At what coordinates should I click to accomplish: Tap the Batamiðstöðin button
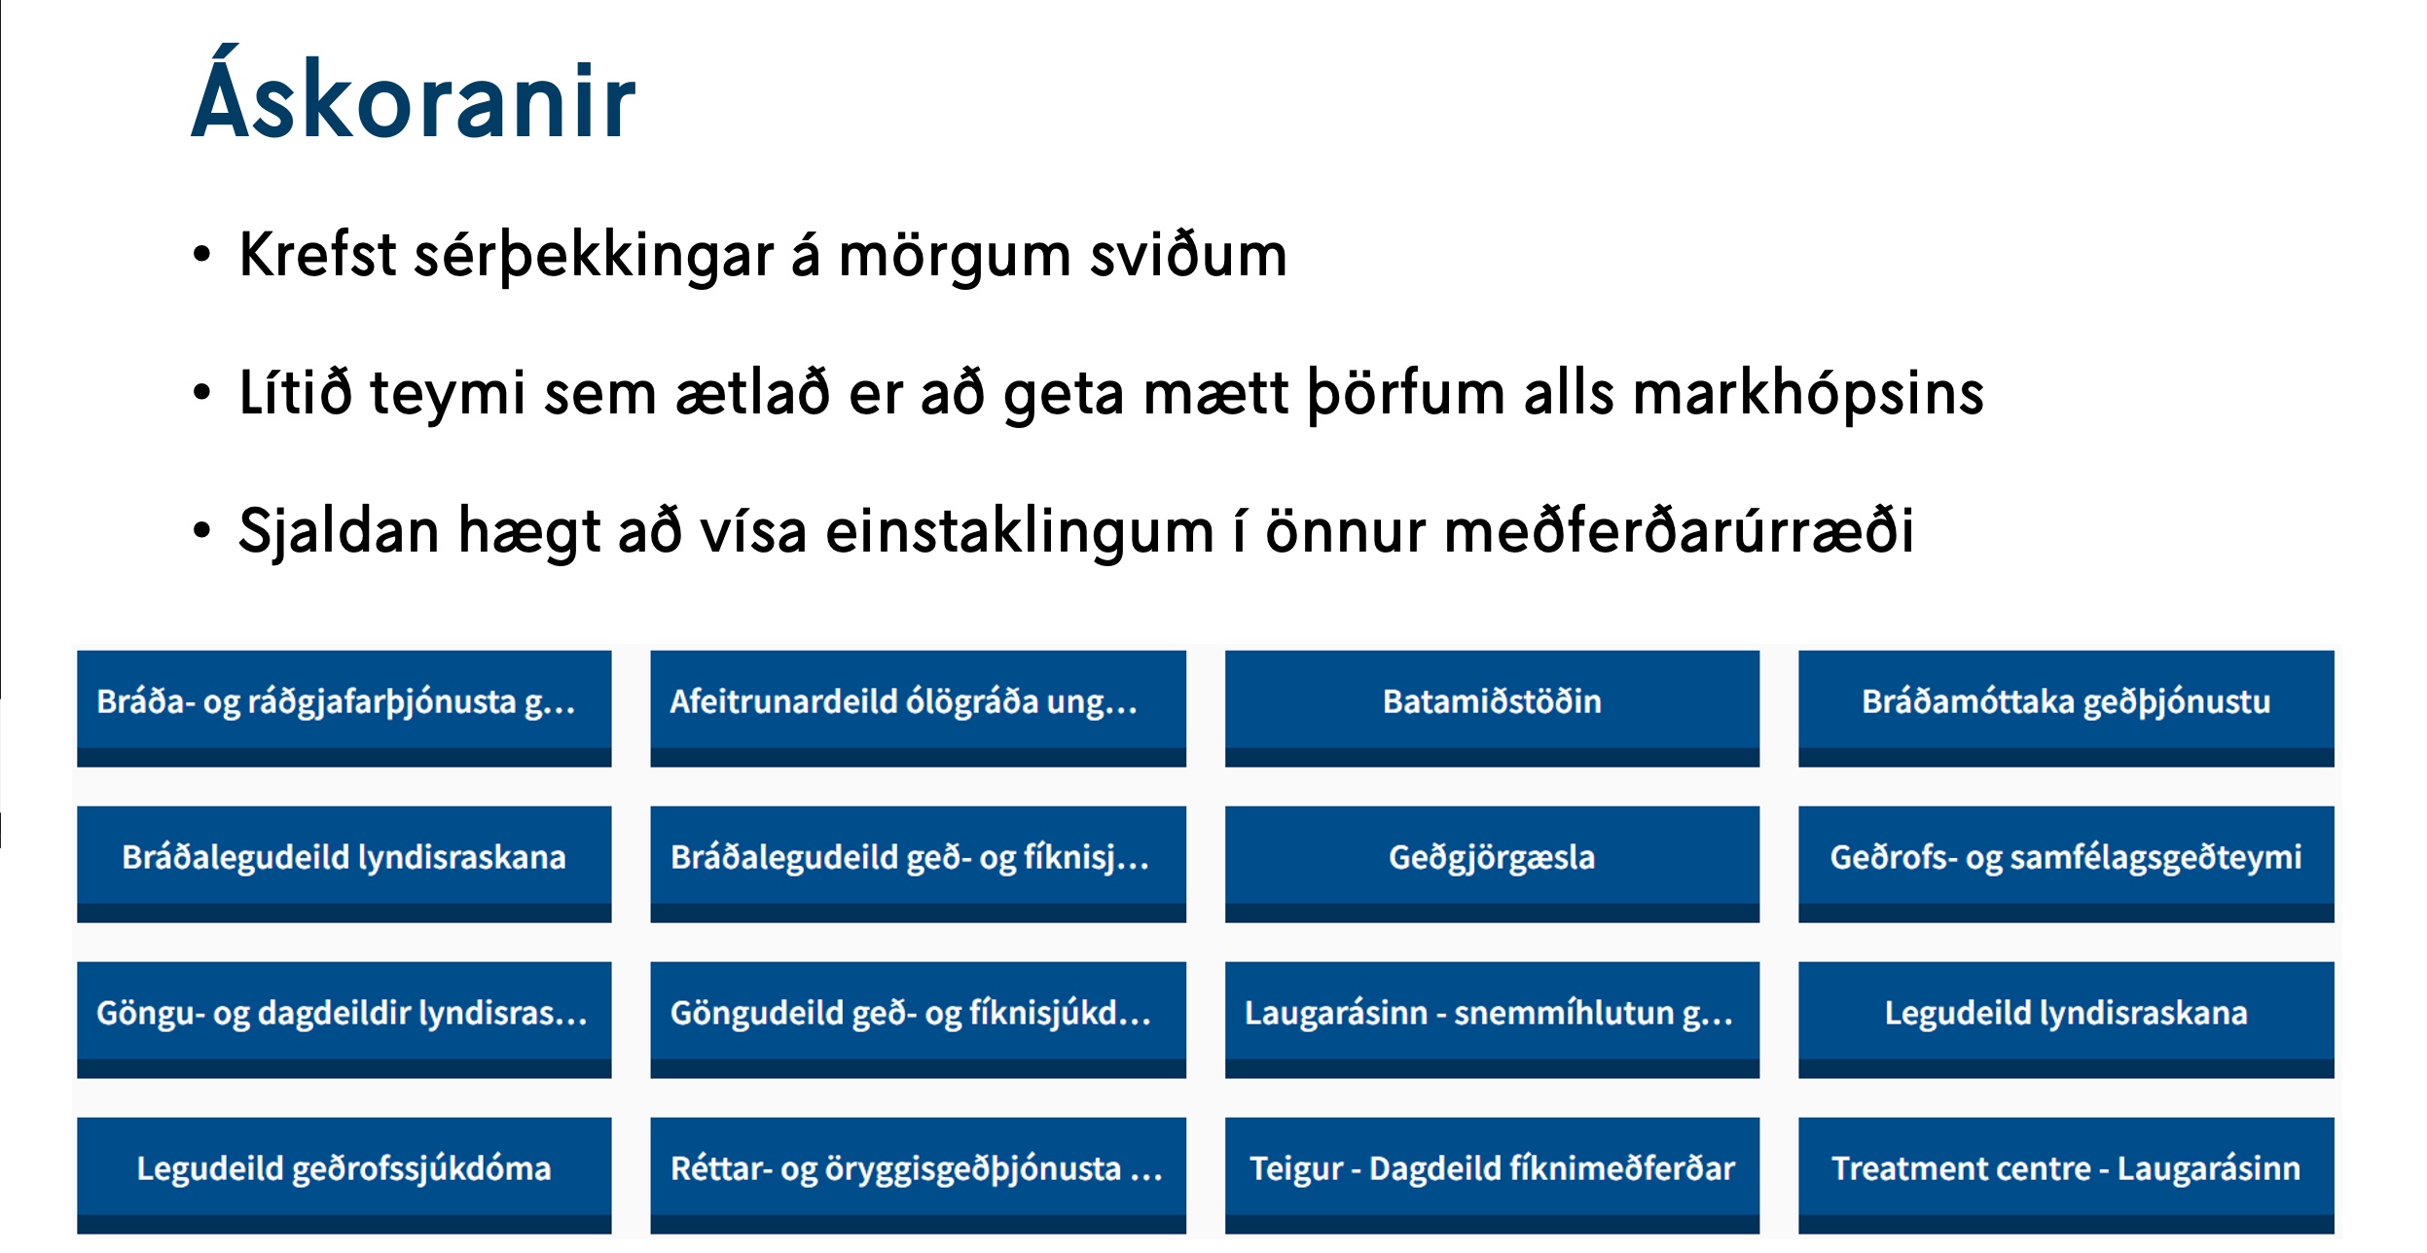pyautogui.click(x=1491, y=702)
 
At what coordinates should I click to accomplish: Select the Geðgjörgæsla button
pyautogui.click(x=1491, y=858)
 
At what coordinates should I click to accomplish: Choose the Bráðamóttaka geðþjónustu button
pyautogui.click(x=2065, y=702)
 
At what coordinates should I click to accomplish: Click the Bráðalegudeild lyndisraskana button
pyautogui.click(x=344, y=858)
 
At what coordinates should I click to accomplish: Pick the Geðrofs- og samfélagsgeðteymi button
pyautogui.click(x=2065, y=858)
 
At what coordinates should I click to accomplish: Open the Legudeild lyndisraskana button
pyautogui.click(x=2065, y=1014)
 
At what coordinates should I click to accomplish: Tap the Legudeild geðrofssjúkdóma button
pyautogui.click(x=344, y=1169)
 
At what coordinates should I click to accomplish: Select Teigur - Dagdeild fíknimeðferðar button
pyautogui.click(x=1491, y=1169)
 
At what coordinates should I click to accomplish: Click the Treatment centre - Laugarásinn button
pyautogui.click(x=2065, y=1169)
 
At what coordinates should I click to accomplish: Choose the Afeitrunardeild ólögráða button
pyautogui.click(x=917, y=702)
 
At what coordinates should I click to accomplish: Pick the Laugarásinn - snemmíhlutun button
pyautogui.click(x=1491, y=1014)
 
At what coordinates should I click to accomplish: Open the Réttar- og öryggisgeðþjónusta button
pyautogui.click(x=917, y=1169)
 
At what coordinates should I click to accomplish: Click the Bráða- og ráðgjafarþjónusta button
pyautogui.click(x=344, y=702)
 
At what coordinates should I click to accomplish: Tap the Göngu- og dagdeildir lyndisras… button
pyautogui.click(x=344, y=1014)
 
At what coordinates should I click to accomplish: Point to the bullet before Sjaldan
pyautogui.click(x=201, y=531)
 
